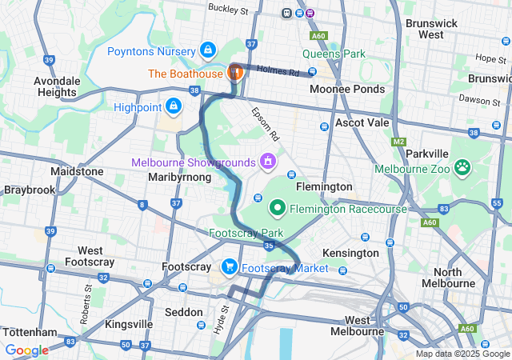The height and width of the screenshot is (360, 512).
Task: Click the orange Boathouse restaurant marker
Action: pos(236,73)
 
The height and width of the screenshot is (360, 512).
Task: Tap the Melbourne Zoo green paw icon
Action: pos(462,167)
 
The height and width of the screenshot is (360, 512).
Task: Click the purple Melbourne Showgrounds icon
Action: pos(267,162)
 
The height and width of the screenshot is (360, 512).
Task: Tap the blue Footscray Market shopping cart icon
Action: pos(230,267)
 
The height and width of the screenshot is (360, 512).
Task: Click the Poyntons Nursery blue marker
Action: pos(208,51)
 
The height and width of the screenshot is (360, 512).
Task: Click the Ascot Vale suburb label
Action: pos(362,123)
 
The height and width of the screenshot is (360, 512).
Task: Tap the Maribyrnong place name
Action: pos(180,177)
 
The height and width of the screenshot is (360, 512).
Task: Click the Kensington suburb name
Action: pos(350,253)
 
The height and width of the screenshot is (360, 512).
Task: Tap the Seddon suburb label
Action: pos(180,311)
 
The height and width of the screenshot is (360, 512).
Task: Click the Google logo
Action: pos(26,350)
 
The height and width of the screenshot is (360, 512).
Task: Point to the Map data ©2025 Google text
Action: pos(462,354)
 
